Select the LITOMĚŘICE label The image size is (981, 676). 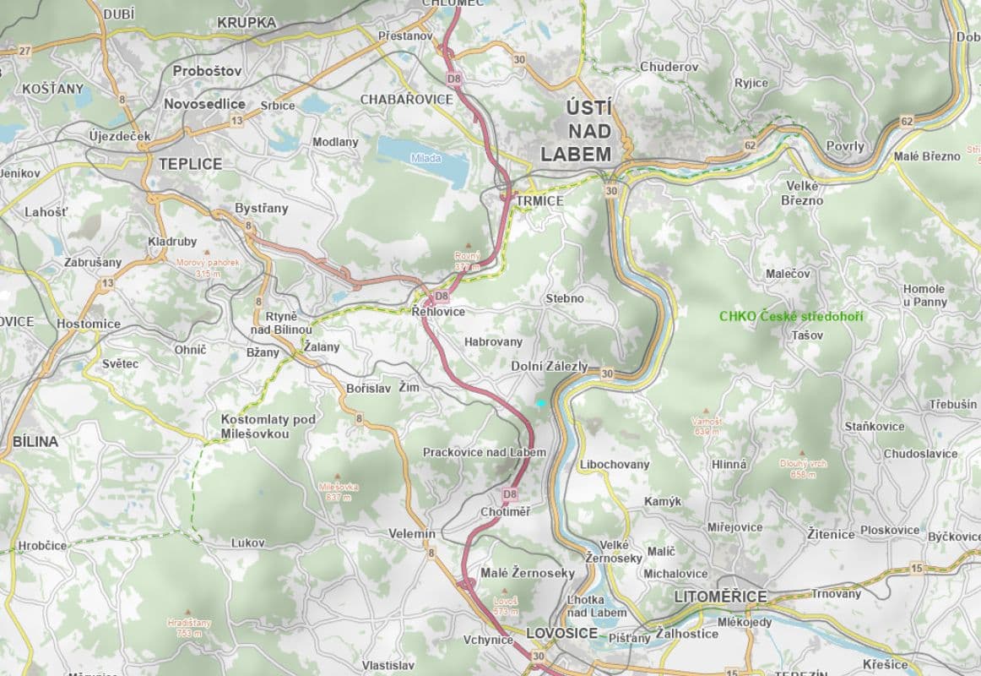click(720, 597)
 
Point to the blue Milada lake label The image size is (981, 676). click(425, 158)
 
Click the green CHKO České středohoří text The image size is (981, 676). click(791, 316)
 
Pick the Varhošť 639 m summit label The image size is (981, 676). click(706, 425)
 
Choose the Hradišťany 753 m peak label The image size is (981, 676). click(189, 626)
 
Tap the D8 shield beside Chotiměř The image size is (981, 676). click(509, 493)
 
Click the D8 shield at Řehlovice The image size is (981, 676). click(441, 297)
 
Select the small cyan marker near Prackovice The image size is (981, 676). click(541, 404)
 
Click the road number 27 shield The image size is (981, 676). click(24, 51)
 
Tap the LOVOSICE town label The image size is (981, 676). click(561, 632)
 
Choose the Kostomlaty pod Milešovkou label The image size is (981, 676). click(268, 427)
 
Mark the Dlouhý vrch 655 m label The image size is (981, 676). click(803, 469)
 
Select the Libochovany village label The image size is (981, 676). click(615, 465)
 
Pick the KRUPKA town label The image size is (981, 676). click(246, 22)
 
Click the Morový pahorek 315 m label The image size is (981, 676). click(208, 268)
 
